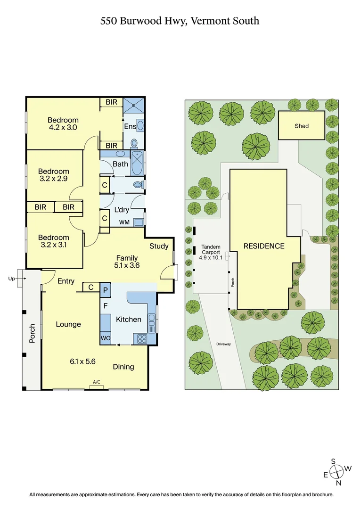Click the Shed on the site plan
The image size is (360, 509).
point(302,126)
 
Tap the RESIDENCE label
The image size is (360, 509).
point(264,246)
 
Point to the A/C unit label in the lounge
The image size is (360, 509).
point(97,382)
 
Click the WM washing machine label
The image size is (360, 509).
point(124,222)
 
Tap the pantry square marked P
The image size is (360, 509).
point(106,290)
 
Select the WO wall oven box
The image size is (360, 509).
point(105,338)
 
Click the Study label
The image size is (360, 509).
point(159,246)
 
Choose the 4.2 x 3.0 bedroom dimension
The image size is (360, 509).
point(63,127)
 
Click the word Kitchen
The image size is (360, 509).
point(129,320)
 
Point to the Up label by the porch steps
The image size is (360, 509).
point(12,279)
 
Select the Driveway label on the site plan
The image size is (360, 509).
point(223,344)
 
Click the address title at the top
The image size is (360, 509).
point(180,21)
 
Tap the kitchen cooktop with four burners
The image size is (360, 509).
point(141,338)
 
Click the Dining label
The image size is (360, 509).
point(123,367)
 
